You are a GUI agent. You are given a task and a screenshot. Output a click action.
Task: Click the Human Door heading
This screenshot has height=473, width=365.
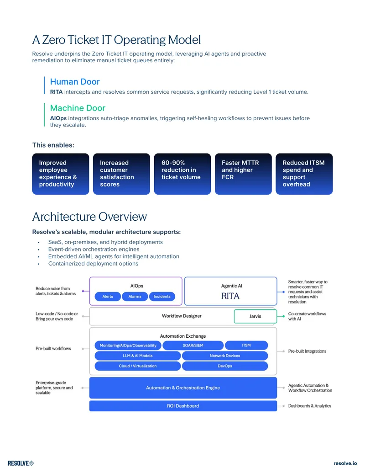coord(75,82)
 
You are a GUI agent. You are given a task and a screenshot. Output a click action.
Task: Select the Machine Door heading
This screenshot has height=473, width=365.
coord(78,108)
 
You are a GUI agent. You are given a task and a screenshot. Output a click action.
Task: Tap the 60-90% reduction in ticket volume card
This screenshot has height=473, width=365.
coord(182,174)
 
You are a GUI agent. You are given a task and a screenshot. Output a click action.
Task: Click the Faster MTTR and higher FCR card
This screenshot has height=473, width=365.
coord(243,174)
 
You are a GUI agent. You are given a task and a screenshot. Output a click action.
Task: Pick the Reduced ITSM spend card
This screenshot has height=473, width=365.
coord(304,174)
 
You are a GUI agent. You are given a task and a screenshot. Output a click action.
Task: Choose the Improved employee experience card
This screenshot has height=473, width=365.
coord(61,174)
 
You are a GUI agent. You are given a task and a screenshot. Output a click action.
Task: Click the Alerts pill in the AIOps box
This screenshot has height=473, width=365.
coord(108,297)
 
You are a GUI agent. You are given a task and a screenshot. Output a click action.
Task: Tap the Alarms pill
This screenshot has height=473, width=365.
coord(135,297)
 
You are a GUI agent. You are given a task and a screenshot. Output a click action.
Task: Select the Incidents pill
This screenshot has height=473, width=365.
coord(162,297)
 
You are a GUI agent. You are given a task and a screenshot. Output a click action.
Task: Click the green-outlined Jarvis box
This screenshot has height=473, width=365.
coord(255,316)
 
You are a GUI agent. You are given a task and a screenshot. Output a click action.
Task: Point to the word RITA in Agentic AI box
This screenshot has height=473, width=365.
coord(230,296)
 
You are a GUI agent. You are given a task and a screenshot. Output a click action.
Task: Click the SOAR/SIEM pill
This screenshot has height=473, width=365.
coord(193,345)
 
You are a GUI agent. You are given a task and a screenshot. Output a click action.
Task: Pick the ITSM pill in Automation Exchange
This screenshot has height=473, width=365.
coord(246,345)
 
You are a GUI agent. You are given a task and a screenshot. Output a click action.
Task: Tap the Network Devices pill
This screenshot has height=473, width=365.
coord(225,356)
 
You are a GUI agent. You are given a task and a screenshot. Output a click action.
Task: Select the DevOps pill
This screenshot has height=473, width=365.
coord(225,366)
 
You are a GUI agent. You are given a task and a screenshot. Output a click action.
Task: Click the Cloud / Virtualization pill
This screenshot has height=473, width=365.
coord(138,366)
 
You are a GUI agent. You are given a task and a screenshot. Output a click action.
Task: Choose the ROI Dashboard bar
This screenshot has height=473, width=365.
coord(183,406)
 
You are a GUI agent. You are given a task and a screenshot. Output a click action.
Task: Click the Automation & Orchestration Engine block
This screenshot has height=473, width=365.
coord(183,388)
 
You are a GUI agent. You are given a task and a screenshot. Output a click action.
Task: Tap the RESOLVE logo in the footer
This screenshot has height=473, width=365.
coord(21,463)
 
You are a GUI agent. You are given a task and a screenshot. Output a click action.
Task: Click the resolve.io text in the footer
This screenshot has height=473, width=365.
coord(345,463)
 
